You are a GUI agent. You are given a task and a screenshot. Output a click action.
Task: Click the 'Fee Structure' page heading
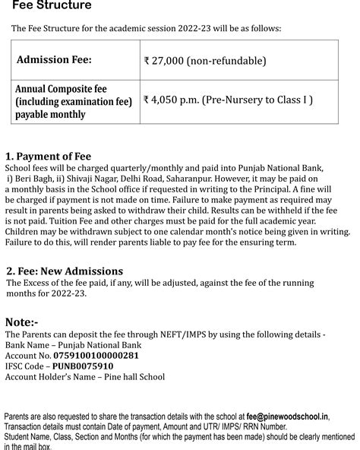pos(52,6)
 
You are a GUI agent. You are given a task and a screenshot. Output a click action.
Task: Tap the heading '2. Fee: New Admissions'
pos(65,271)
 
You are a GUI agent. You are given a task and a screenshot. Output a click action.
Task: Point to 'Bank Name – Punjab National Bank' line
pos(73,344)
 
